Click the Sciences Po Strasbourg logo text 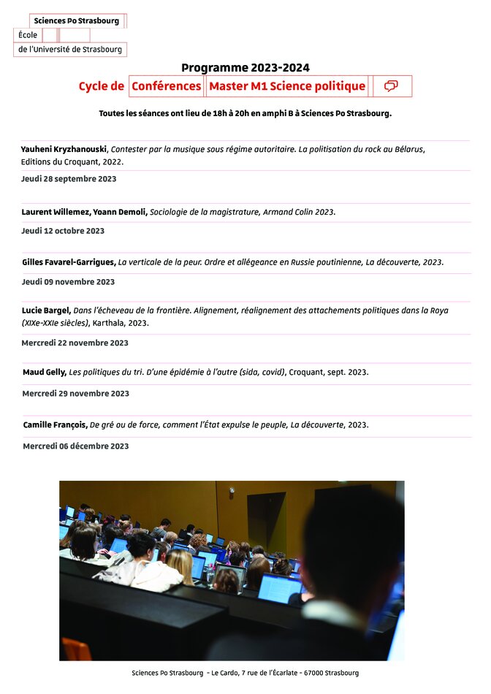click(x=76, y=21)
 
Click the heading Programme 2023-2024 click(x=245, y=68)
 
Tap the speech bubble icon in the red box click(x=391, y=86)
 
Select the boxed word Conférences click(x=167, y=86)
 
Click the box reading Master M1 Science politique click(x=287, y=86)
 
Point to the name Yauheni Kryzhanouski click(x=64, y=149)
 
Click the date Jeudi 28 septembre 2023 click(x=69, y=179)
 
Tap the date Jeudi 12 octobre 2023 click(x=63, y=231)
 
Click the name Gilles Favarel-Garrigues click(x=69, y=262)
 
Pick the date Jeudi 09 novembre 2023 click(x=68, y=282)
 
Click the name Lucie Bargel click(x=46, y=310)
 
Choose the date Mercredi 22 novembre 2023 click(x=75, y=343)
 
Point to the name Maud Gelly click(x=44, y=373)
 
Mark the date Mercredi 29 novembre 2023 click(x=75, y=394)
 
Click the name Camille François click(x=55, y=425)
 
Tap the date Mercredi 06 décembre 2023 click(x=75, y=446)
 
